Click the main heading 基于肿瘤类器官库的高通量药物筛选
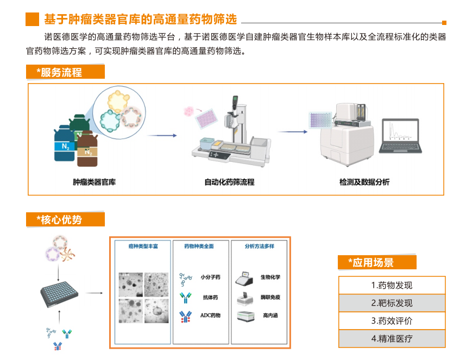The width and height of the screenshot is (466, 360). [140, 20]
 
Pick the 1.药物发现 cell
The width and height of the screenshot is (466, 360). [392, 285]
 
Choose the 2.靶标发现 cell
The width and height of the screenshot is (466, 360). [392, 303]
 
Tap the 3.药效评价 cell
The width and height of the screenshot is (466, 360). [392, 320]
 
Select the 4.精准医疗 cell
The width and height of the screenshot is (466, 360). [392, 338]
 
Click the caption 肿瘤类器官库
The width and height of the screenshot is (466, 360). [94, 182]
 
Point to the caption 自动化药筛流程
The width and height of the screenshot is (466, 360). [229, 182]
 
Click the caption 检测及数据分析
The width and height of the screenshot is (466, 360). [364, 182]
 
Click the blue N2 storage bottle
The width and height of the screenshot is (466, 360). [65, 143]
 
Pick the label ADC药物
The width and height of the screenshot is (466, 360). [210, 315]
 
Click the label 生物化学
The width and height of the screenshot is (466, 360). [270, 277]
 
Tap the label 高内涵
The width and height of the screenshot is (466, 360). [270, 315]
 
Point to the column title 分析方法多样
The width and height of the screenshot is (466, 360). [260, 246]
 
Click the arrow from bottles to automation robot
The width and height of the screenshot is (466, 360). [163, 135]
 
